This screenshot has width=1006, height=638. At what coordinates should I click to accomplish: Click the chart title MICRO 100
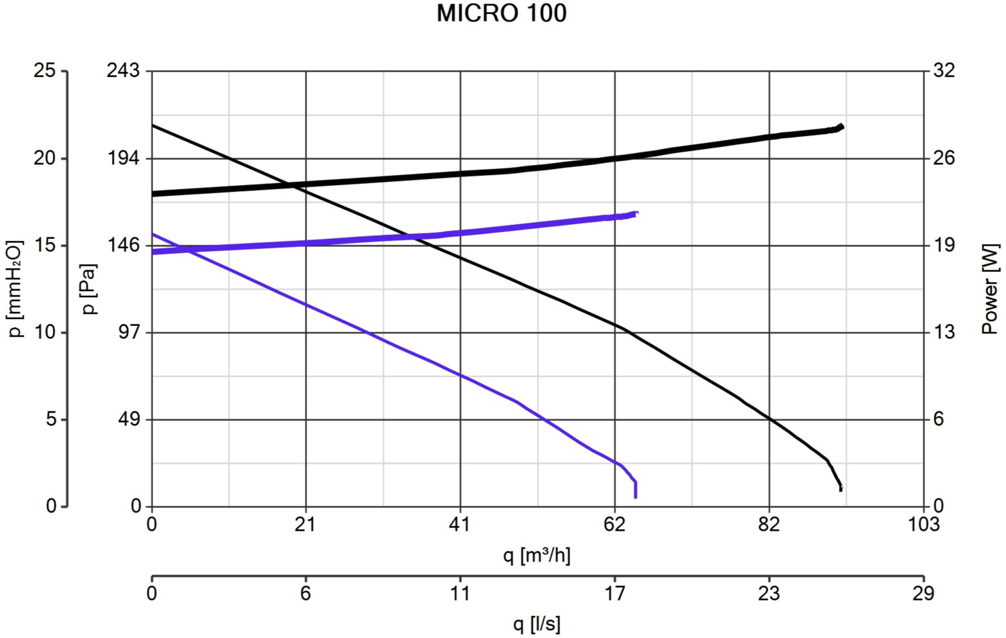502,13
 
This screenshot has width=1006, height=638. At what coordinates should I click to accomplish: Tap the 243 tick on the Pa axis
123,70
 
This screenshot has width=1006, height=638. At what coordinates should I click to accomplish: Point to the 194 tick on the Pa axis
123,158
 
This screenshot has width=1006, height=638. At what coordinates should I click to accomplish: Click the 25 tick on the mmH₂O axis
45,70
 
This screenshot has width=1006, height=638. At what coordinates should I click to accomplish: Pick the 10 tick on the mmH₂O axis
45,332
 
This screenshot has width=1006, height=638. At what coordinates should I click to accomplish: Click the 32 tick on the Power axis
944,70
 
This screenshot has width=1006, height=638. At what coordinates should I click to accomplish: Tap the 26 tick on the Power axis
944,158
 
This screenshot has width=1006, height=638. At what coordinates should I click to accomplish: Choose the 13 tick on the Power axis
944,332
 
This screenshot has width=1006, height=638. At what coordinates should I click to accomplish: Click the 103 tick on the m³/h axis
924,524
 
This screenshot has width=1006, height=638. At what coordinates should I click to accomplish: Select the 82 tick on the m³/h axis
769,524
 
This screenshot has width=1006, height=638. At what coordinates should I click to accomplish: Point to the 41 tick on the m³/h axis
460,524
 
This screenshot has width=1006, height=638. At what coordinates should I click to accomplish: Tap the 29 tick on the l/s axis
924,593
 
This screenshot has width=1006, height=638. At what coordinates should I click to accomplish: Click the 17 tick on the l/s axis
615,593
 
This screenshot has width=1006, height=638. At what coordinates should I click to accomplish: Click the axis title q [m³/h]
537,555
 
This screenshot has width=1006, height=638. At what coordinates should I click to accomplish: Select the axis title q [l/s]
537,625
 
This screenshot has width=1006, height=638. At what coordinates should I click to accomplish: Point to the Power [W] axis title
990,288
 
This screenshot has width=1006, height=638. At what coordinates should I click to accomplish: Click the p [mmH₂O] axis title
16,288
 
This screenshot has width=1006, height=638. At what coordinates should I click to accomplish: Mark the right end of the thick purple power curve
636,213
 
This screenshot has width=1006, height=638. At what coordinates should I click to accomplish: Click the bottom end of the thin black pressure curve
840,490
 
